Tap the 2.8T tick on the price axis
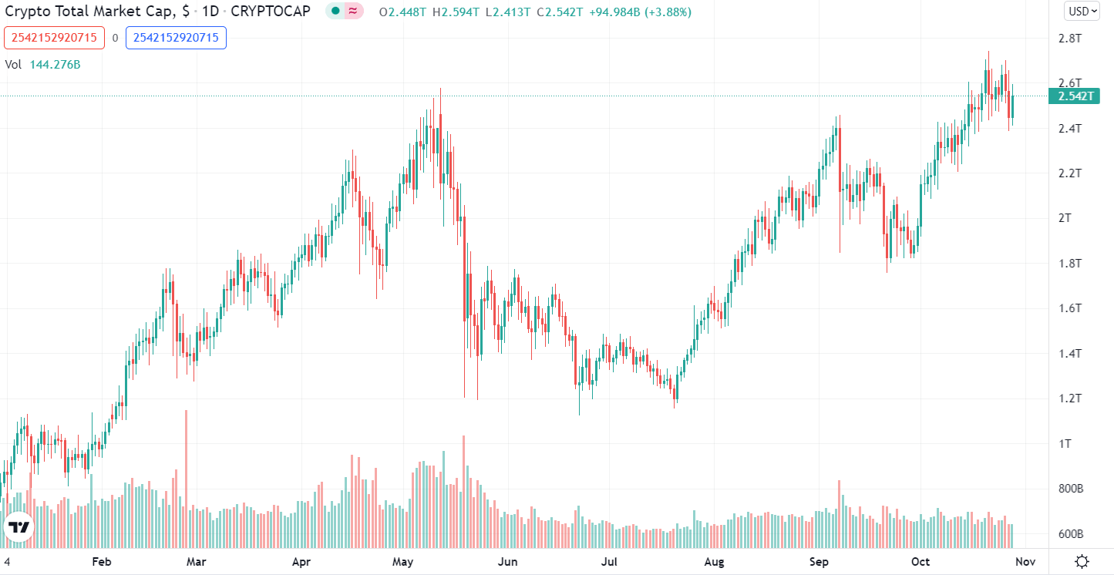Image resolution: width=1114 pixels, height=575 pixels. (x=1069, y=38)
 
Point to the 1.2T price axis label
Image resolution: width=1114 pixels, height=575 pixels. (x=1069, y=398)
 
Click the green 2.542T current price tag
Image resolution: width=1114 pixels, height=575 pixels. (x=1075, y=96)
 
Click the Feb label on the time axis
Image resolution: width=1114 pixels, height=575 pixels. (x=102, y=561)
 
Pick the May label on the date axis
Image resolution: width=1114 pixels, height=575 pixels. (x=403, y=561)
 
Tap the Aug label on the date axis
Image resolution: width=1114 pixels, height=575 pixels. (x=715, y=561)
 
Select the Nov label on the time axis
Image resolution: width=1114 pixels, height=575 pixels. (x=1024, y=561)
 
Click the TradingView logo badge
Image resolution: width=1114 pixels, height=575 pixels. (x=19, y=527)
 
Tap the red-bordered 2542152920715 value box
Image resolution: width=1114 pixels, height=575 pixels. (x=54, y=37)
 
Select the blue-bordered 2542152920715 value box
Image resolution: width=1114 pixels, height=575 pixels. (x=176, y=37)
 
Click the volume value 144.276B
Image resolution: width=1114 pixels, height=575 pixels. (x=55, y=65)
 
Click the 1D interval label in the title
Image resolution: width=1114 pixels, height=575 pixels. (x=210, y=12)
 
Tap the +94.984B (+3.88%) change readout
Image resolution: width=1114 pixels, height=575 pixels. (x=641, y=12)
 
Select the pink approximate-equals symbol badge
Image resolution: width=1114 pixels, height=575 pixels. (x=353, y=11)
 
